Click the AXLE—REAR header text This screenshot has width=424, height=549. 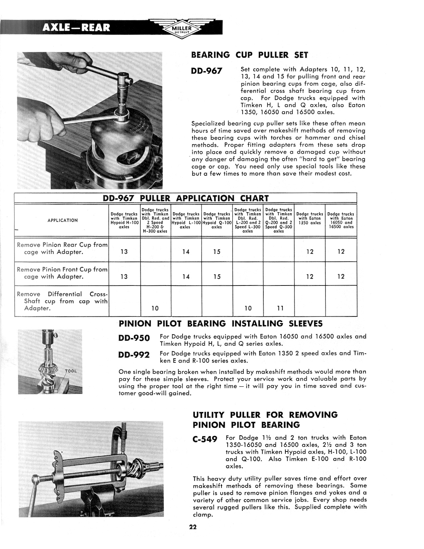point(76,27)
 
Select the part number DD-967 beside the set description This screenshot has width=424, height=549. point(207,71)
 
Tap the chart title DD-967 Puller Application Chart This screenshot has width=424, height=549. point(186,199)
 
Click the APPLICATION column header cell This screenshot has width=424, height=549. point(63,220)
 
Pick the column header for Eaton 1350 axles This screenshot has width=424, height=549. point(310,219)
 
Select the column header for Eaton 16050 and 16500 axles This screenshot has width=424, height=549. point(341,220)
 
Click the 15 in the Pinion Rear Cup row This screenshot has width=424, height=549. point(217,252)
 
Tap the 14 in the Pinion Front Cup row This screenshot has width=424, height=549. point(186,276)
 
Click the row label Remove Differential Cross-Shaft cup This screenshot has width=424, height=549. point(62,301)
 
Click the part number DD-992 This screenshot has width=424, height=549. point(134,355)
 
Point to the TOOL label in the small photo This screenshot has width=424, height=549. point(71,371)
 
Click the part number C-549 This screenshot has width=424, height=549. point(205,440)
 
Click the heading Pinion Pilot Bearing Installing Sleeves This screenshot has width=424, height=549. point(220,323)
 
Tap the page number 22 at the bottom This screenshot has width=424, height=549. point(193,527)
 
